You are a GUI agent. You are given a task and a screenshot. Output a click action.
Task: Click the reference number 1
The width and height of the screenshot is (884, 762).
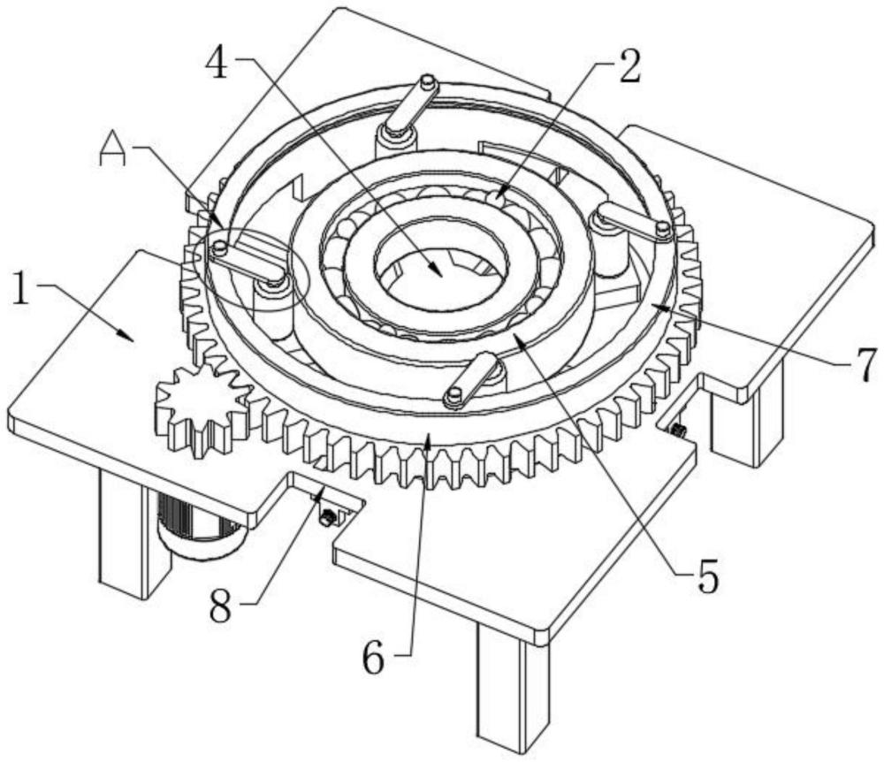point(21,286)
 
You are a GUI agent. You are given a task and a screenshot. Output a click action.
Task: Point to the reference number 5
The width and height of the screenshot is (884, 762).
point(707,575)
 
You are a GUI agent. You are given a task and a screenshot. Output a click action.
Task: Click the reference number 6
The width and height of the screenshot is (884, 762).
point(373,657)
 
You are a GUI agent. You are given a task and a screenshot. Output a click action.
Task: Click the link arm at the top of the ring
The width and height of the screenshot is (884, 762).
point(413,103)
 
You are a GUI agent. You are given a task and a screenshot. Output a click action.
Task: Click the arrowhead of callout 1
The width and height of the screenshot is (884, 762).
point(127,335)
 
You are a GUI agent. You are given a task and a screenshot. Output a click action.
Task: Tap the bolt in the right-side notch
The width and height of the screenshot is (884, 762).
point(677,431)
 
